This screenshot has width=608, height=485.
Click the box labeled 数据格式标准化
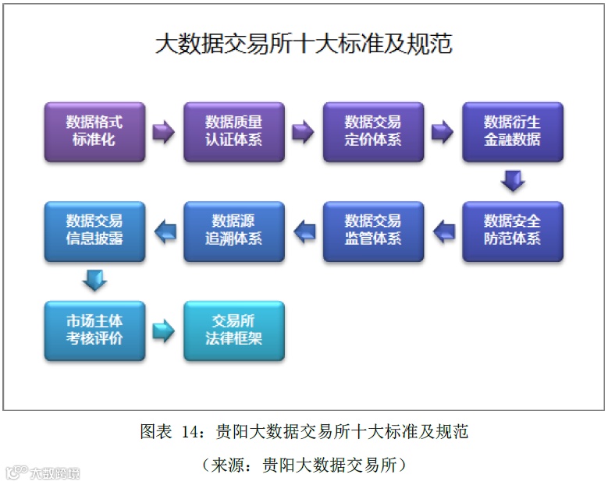[x=94, y=131]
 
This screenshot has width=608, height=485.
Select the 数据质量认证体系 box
[x=234, y=131]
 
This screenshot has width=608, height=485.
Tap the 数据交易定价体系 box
[x=373, y=131]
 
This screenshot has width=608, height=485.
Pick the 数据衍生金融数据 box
[x=512, y=131]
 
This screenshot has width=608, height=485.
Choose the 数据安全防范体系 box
[x=512, y=230]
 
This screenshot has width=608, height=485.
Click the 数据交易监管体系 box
[x=373, y=230]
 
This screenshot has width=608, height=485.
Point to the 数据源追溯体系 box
[x=234, y=230]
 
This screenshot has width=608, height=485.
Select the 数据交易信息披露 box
[x=94, y=230]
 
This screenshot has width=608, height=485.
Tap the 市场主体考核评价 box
[x=94, y=330]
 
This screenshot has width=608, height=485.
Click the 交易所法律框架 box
[x=234, y=330]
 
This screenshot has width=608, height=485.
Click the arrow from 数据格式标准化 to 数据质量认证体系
[x=164, y=132]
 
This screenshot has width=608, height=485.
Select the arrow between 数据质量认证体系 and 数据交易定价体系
[x=303, y=132]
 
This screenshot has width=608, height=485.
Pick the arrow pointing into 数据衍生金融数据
[x=443, y=132]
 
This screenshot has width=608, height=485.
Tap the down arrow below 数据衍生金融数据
[x=513, y=181]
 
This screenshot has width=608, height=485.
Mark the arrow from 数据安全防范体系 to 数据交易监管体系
[x=443, y=230]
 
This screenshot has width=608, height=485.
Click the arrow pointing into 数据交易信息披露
[x=164, y=230]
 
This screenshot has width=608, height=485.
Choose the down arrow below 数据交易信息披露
[x=94, y=280]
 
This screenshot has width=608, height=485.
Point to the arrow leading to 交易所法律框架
[x=164, y=331]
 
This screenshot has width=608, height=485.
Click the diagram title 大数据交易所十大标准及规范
[x=304, y=44]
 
